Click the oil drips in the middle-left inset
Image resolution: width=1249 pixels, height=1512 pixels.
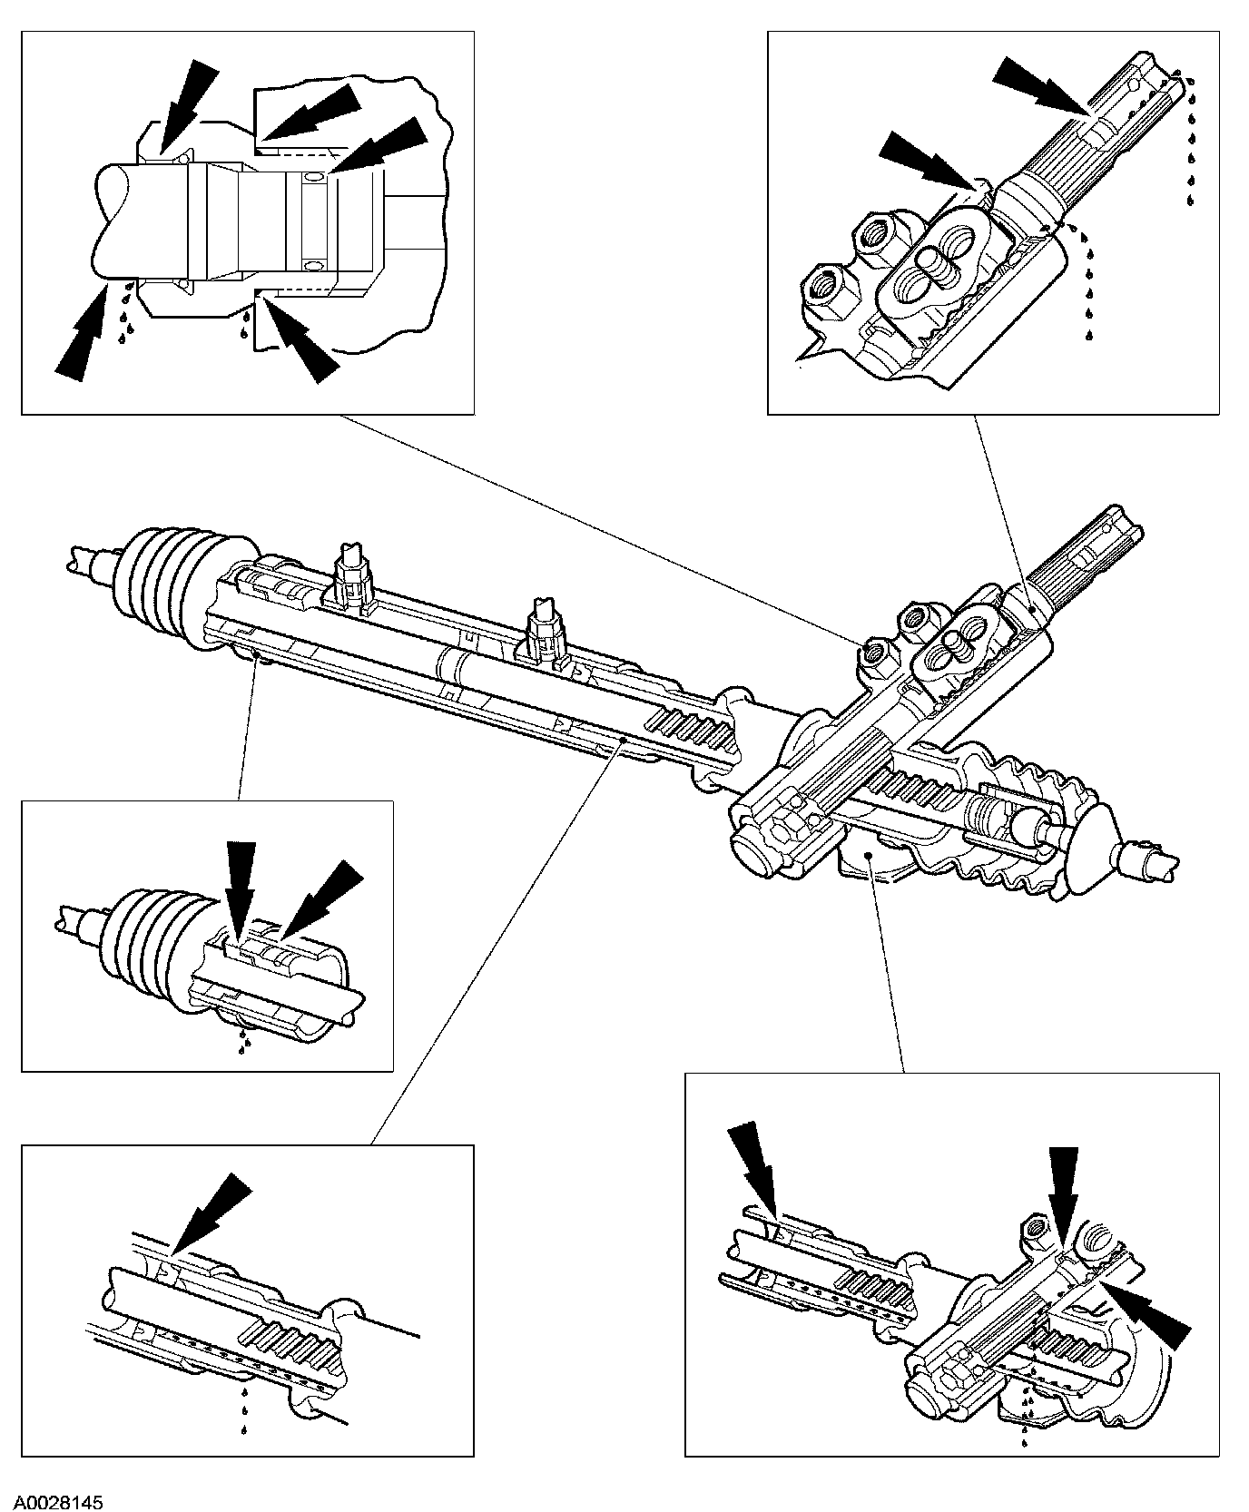point(241,1040)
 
